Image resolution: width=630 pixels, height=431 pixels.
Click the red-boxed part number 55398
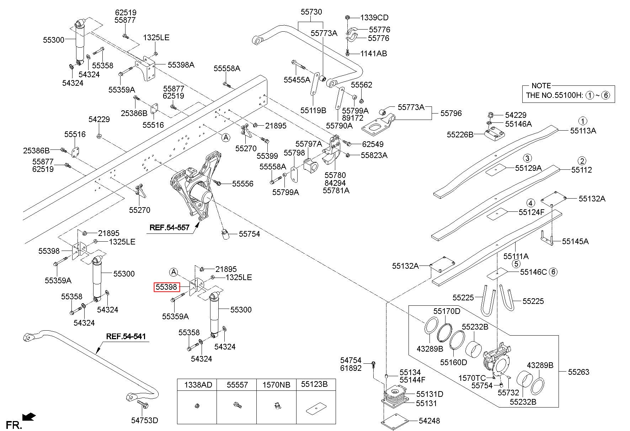(x=166, y=287)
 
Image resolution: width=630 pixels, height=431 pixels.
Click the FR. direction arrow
(x=28, y=416)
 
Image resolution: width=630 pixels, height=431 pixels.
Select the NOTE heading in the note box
(x=541, y=86)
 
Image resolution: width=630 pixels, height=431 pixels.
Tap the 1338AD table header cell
(x=197, y=385)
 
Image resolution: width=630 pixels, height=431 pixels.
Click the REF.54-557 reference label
(x=169, y=227)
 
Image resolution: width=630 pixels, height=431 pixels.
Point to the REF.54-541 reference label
(x=126, y=336)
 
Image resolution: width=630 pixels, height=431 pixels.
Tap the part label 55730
(x=311, y=12)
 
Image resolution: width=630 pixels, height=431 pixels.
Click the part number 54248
(x=429, y=421)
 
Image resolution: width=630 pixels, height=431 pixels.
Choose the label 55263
(x=578, y=372)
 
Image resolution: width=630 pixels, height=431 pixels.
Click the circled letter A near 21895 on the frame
(x=226, y=138)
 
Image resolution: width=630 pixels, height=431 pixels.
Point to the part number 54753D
(x=144, y=420)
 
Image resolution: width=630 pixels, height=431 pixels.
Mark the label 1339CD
(x=374, y=17)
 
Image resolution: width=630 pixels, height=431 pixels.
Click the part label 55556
(x=243, y=184)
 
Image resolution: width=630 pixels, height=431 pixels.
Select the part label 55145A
(x=575, y=241)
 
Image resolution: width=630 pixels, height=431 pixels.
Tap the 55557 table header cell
(x=237, y=385)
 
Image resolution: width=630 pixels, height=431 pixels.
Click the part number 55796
(x=451, y=113)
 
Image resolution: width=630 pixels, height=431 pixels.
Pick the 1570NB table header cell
(x=276, y=385)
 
